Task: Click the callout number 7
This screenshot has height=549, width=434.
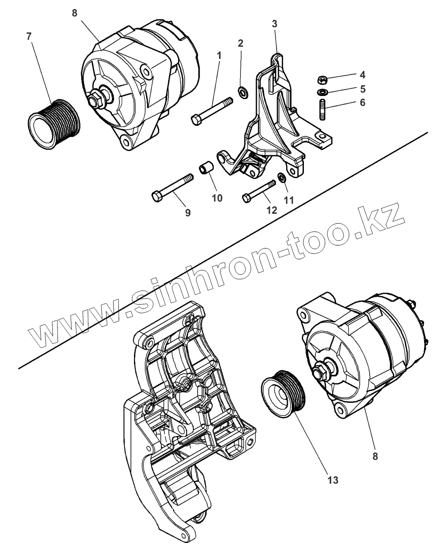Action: pos(29,36)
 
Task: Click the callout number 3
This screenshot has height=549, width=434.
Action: pos(274,23)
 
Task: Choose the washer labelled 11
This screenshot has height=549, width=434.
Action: pos(281,177)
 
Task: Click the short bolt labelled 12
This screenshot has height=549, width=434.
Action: pos(259,191)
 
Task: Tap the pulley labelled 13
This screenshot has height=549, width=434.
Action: pos(284,392)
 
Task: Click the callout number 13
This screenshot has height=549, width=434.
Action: pos(332,480)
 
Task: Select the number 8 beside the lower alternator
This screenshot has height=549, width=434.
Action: pos(375,456)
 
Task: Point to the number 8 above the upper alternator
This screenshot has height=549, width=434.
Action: pos(74,13)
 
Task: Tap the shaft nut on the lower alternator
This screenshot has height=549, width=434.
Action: pos(321,372)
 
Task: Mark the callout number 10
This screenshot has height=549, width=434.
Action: pos(217,198)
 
